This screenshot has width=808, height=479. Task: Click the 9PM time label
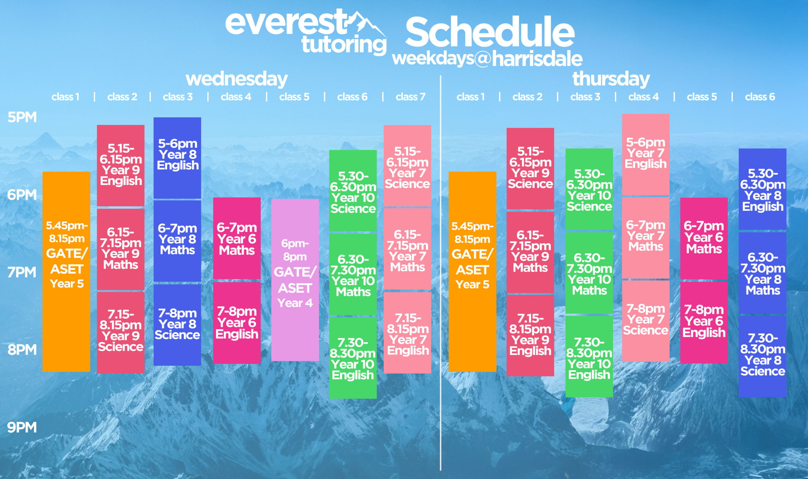pos(22,427)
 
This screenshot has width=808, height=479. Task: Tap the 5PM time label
pos(22,117)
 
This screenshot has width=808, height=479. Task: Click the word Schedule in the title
pos(490,32)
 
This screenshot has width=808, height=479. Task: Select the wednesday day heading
pos(237,79)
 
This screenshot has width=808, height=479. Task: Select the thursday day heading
pos(611,79)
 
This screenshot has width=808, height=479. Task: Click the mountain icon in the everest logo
pos(367,23)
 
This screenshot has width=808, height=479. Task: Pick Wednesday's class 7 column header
pos(410,97)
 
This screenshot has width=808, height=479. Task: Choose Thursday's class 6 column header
pos(760,97)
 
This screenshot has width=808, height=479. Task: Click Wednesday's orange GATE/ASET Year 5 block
pos(66,271)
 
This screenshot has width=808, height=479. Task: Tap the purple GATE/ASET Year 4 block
pos(295,280)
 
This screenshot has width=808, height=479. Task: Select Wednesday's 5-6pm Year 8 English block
pos(177,158)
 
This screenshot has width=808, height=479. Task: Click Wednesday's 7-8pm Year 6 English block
pos(237,323)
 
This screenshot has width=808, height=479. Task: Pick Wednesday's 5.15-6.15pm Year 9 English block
pos(121,165)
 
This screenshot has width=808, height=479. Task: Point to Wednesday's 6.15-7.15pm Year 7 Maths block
pos(407,249)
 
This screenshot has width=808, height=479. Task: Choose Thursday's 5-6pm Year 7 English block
pos(646,154)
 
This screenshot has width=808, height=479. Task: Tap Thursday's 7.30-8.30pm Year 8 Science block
pos(763,356)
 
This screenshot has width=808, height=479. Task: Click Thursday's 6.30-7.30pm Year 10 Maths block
pos(589,273)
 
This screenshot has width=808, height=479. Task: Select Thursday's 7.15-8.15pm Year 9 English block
pos(530,335)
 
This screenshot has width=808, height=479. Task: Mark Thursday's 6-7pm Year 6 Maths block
pos(704,238)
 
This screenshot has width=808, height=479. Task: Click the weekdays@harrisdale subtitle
pos(487,59)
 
